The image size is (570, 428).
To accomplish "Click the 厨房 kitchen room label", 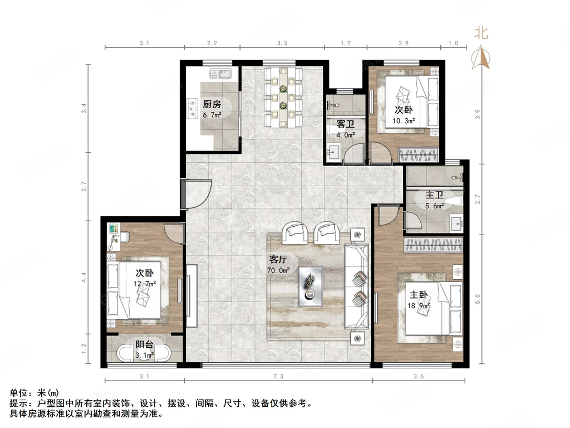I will click(x=212, y=104).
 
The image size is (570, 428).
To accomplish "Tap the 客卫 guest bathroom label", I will click(x=346, y=124).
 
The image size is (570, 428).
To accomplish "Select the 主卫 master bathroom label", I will click(x=434, y=195).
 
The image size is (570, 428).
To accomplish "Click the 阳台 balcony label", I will click(x=145, y=344).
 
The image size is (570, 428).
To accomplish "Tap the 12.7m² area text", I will click(x=144, y=283).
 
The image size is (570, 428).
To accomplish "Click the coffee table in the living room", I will click(x=310, y=286).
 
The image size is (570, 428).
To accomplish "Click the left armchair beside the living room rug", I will click(x=296, y=233).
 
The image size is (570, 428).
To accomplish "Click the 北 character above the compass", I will click(x=481, y=33).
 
